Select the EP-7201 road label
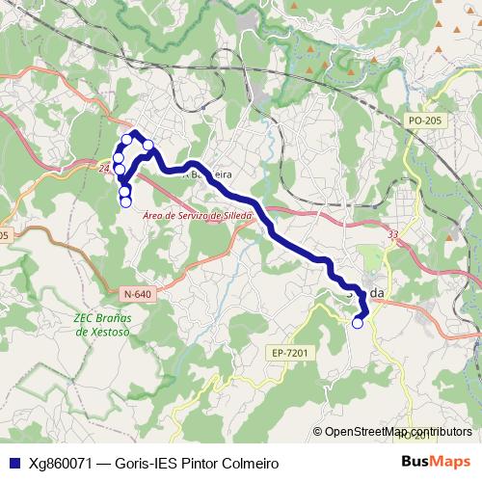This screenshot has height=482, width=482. tap(289, 354)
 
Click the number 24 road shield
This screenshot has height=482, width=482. tap(103, 167)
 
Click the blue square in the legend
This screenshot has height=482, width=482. tap(13, 462)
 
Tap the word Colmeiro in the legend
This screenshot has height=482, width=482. tap(247, 462)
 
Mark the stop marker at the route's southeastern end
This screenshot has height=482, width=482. tap(358, 323)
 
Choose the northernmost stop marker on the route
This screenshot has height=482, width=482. tap(126, 140)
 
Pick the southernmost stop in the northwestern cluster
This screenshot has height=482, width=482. tap(125, 201)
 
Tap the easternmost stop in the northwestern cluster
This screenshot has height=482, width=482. tap(148, 146)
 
